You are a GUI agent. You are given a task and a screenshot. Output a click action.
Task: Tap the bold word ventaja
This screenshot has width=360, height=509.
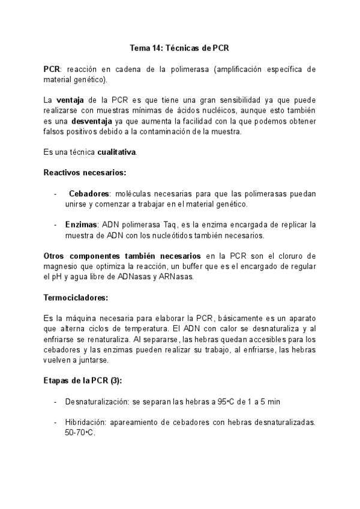click(72, 100)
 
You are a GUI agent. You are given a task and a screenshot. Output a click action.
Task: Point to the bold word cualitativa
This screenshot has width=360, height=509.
click(115, 152)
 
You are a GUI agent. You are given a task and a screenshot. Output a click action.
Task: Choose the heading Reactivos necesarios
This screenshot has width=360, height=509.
click(85, 173)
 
